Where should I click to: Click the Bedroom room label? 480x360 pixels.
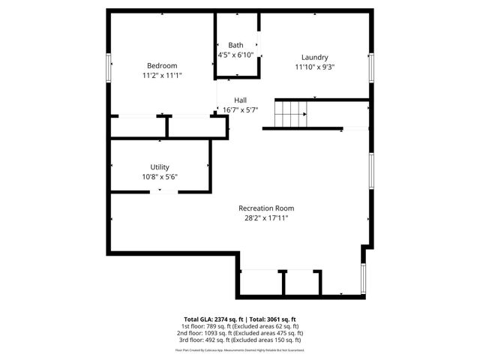[x=162, y=65]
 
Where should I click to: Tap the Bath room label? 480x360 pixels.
[x=235, y=46]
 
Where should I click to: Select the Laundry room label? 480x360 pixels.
[x=314, y=57]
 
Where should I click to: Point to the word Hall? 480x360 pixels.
[x=240, y=100]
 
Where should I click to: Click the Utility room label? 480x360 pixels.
[x=160, y=167]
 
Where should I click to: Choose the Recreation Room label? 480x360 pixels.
[x=266, y=208]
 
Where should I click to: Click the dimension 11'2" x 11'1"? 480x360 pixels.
[x=162, y=75]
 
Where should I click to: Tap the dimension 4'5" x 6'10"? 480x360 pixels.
[x=235, y=55]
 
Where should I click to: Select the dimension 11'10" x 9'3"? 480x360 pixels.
[x=314, y=67]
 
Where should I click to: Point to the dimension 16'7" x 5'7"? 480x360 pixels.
[x=240, y=109]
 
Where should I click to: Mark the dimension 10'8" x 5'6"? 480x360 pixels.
[x=160, y=177]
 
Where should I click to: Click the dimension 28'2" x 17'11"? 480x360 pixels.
[x=266, y=217]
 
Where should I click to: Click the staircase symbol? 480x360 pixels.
[x=290, y=114]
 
